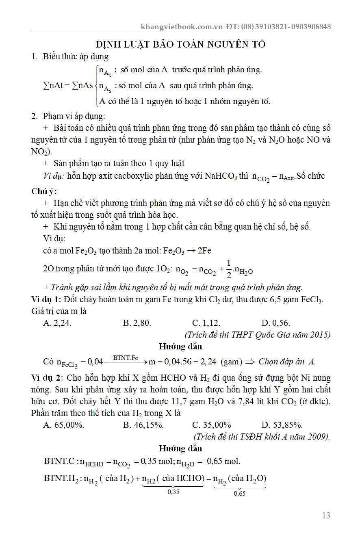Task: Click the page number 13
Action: pos(326,516)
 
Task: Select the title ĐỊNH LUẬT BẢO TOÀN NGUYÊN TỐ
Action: pos(181,44)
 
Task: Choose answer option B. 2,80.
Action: pos(137,323)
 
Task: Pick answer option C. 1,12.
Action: pos(206,323)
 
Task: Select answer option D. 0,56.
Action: pos(276,323)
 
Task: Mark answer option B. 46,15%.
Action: pos(143,425)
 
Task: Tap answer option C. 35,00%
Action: pos(212,425)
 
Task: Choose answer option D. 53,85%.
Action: pos(282,425)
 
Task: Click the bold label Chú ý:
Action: pos(44,191)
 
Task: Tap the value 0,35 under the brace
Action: pos(173,492)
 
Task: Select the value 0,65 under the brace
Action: pos(240,494)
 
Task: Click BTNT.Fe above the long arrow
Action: pos(126,357)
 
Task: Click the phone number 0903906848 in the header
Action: pos(312,27)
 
